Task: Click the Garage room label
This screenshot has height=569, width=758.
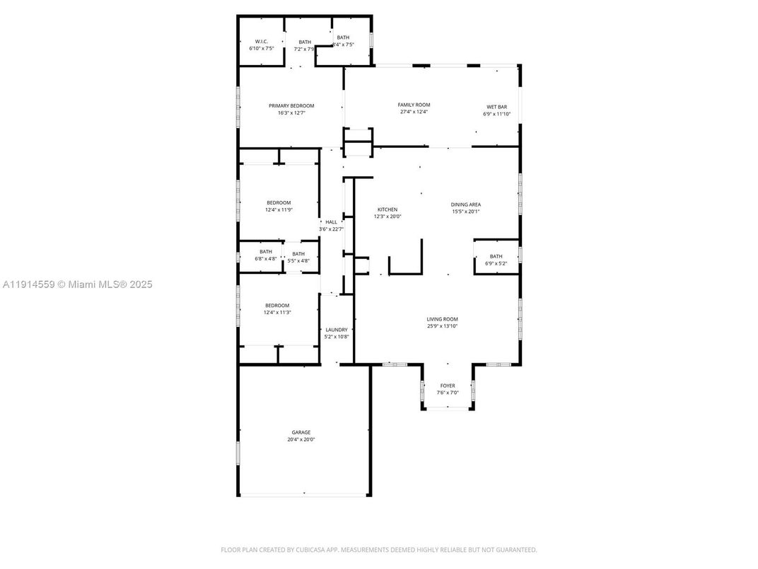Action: pos(301,432)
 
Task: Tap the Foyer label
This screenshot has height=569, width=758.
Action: pos(448,386)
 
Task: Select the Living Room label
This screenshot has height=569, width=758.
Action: pos(442,319)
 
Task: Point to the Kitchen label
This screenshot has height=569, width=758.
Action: pos(387,209)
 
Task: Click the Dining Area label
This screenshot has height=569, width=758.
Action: pos(466,205)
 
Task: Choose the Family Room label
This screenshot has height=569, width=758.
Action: pos(414,105)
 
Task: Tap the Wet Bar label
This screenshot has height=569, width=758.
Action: pos(496,107)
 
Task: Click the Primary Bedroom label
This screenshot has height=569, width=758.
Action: pos(291,105)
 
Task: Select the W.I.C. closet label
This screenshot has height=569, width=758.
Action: pos(261,42)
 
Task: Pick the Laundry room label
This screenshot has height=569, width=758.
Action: pos(335,330)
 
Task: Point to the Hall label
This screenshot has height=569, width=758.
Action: pos(331,222)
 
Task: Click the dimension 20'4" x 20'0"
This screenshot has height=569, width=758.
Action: pos(301,439)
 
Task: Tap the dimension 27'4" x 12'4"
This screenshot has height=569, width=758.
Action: pos(414,112)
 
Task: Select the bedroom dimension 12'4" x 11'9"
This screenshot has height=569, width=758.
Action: pos(279,209)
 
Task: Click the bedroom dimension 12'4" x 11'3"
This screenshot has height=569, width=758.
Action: pos(278,312)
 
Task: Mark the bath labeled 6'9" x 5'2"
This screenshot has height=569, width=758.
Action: pos(496,260)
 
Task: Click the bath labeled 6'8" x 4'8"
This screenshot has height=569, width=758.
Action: pos(266,255)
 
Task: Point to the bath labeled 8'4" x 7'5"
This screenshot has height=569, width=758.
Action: pos(343,41)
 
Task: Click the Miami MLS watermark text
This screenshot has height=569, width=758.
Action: pos(77,284)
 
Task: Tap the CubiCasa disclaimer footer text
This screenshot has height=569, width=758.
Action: pos(379,550)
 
